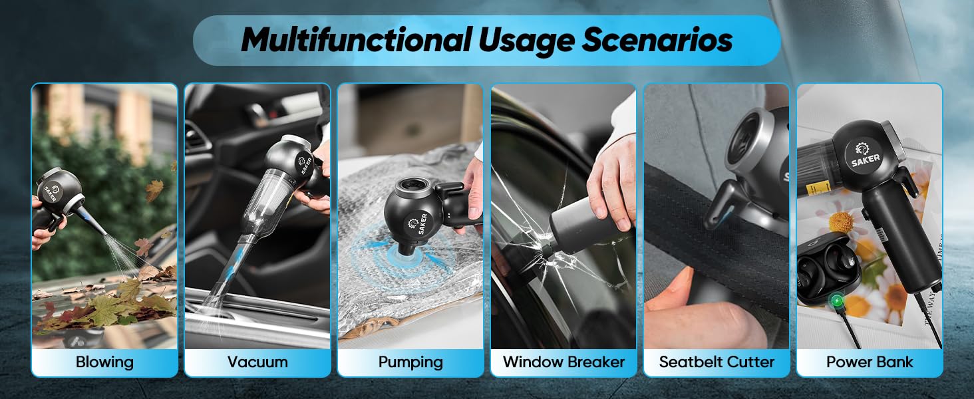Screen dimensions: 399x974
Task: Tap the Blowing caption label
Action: click(x=104, y=362)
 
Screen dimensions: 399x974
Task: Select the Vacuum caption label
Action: click(x=257, y=362)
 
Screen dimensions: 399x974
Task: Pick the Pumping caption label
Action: click(x=410, y=362)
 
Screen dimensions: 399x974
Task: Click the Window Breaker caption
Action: click(x=564, y=362)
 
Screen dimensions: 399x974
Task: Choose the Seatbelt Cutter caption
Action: click(x=717, y=362)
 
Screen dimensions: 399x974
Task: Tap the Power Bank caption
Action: click(x=870, y=362)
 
